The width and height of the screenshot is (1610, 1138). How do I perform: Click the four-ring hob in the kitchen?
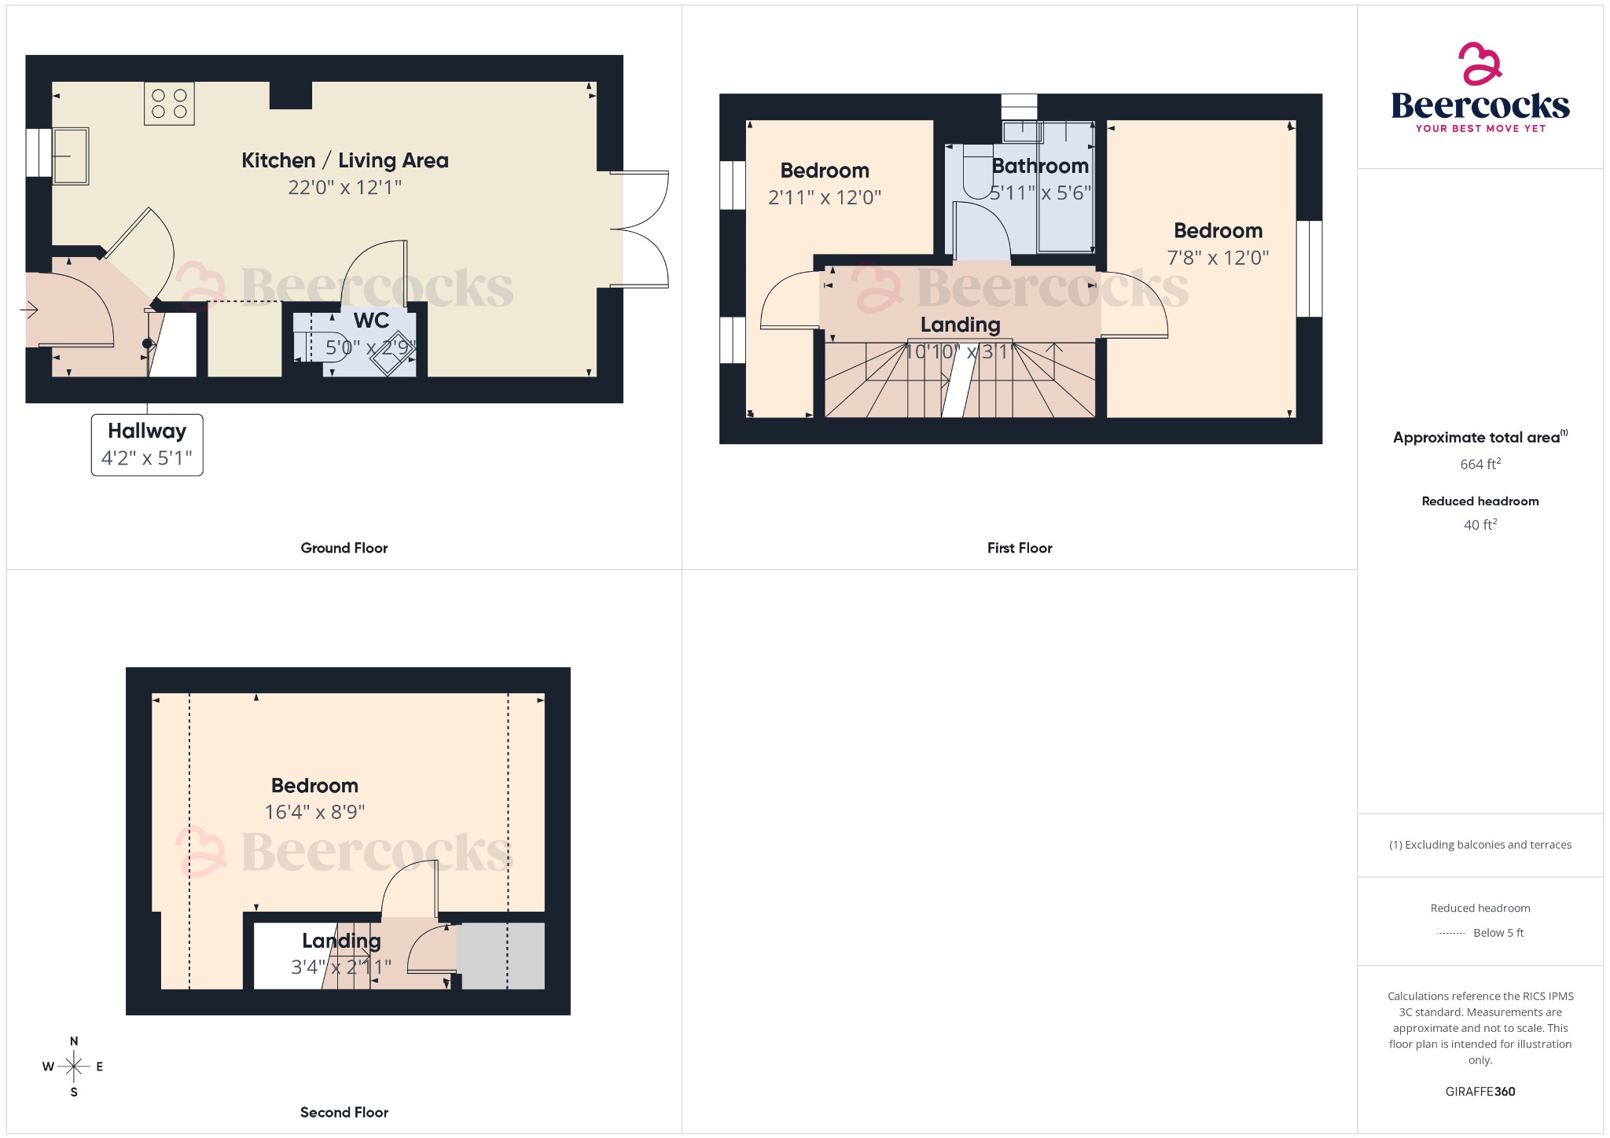[x=169, y=103]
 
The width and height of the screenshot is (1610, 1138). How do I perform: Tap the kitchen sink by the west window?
[x=71, y=156]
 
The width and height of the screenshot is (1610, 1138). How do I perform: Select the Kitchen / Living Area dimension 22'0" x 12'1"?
[x=344, y=188]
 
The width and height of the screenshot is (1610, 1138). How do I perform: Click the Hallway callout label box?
[x=147, y=445]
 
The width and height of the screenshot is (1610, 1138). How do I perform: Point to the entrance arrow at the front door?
[x=29, y=310]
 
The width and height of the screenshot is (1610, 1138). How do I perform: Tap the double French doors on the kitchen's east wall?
[x=641, y=229]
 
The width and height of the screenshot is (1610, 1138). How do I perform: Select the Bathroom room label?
[x=1039, y=166]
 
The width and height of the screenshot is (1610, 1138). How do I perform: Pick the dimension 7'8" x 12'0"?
[x=1217, y=258]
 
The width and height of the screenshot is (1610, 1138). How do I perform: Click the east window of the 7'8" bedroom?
[x=1309, y=268]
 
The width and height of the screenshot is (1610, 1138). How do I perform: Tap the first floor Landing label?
[x=960, y=325]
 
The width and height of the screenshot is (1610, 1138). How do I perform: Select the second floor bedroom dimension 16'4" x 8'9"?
[x=314, y=812]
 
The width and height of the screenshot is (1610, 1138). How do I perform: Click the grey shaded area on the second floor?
[x=502, y=955]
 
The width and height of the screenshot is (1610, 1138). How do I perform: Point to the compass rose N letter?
[x=74, y=1041]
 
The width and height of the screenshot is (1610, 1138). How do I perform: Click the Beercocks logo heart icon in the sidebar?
[x=1480, y=64]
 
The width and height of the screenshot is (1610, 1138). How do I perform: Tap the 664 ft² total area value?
[x=1480, y=464]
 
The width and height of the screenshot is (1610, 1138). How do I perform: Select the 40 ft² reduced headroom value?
[x=1480, y=525]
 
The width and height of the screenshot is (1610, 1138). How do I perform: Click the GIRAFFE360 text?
[x=1480, y=1092]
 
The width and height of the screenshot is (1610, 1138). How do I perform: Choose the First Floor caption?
[x=1019, y=549]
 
